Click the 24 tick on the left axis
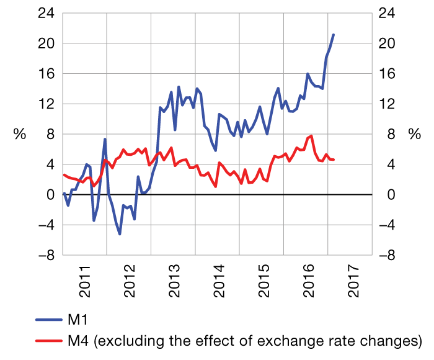[x=47, y=13]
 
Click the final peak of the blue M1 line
[x=334, y=35]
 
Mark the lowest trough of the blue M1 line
[x=120, y=234]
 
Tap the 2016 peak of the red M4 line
[x=311, y=136]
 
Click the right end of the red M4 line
[x=334, y=160]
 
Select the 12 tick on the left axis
[x=47, y=104]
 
